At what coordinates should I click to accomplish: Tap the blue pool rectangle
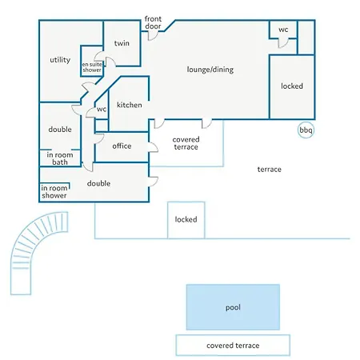[233, 307]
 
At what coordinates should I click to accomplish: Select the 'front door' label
[153, 22]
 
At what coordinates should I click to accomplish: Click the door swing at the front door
[153, 36]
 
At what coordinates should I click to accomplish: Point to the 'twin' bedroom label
[122, 43]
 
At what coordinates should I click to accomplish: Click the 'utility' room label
[60, 60]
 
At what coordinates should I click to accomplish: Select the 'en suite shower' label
[92, 67]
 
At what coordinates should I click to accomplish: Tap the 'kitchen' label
[130, 105]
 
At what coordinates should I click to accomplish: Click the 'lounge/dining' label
[210, 70]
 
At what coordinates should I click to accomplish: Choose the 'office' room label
[122, 146]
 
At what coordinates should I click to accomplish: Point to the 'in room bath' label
[60, 158]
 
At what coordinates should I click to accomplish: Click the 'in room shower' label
[54, 192]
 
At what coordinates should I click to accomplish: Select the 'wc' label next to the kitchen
[102, 109]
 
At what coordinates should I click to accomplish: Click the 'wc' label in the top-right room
[283, 30]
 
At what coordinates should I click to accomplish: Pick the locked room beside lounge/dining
[292, 86]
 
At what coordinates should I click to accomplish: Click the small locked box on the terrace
[186, 220]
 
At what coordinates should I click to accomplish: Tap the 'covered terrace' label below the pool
[233, 346]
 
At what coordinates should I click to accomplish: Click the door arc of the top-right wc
[283, 44]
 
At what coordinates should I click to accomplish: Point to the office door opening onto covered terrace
[154, 147]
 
